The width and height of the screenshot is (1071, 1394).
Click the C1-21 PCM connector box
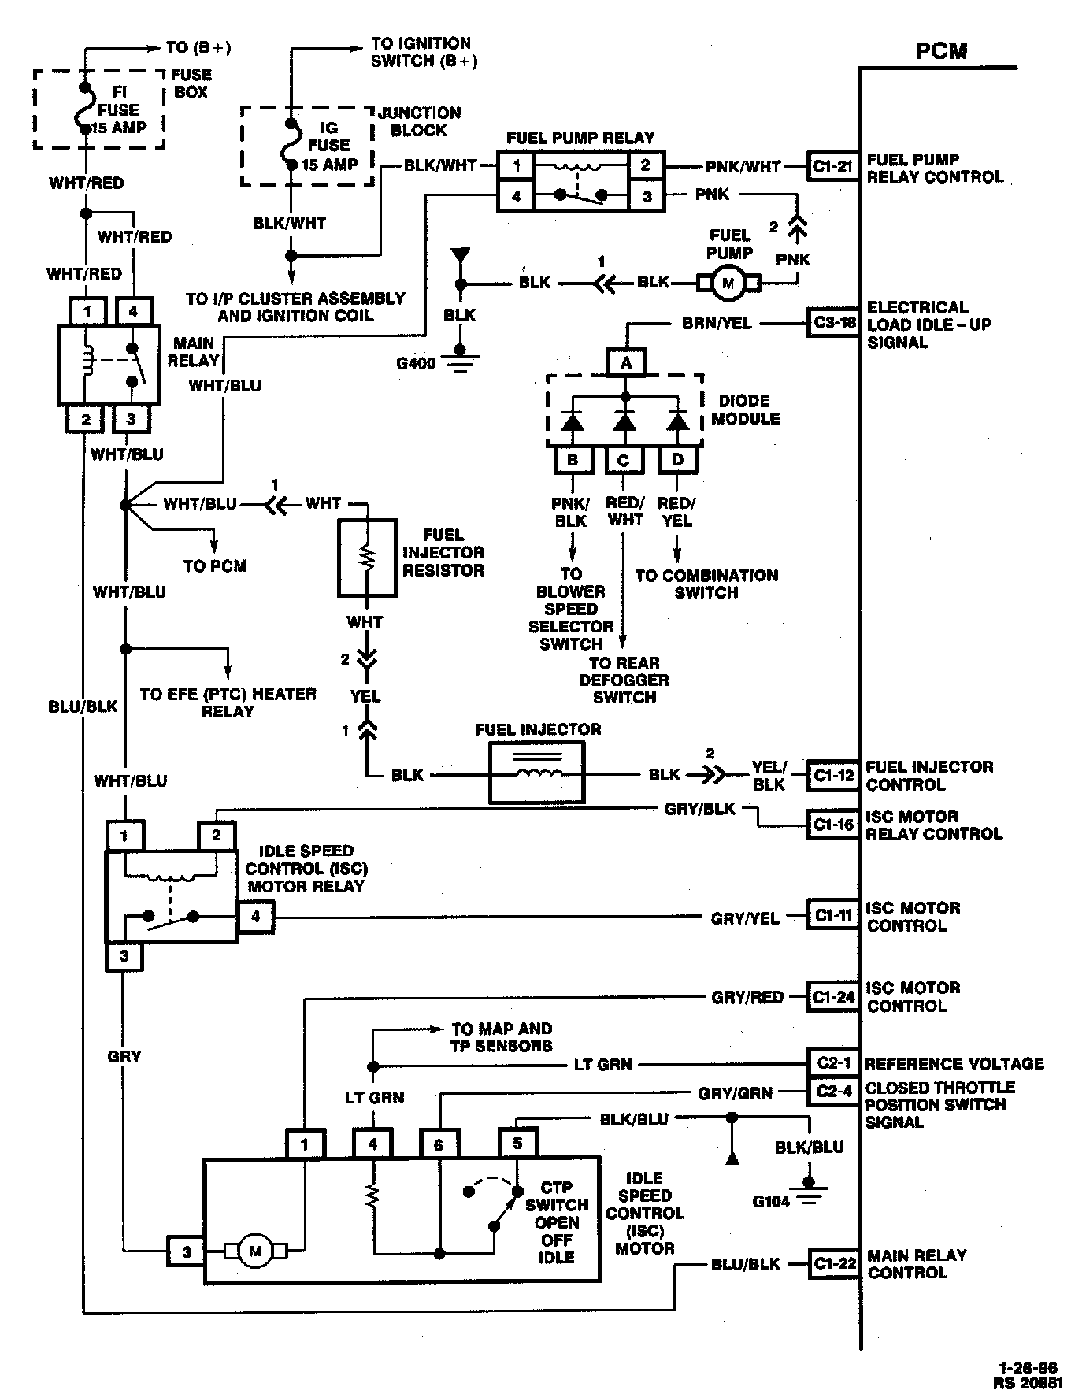(x=832, y=167)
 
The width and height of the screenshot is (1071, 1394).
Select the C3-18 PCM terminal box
(x=832, y=324)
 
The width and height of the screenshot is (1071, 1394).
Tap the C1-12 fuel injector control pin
(x=832, y=776)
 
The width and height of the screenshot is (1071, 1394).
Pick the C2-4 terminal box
(x=832, y=1092)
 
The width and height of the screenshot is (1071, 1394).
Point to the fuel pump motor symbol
(x=728, y=283)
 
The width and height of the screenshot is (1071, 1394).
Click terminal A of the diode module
(x=626, y=362)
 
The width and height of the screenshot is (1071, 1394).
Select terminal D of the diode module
(x=677, y=459)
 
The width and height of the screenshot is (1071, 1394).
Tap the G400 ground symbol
(x=461, y=360)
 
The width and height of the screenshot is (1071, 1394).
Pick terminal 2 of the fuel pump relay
(x=647, y=165)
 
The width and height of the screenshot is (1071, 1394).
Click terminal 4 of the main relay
(x=133, y=312)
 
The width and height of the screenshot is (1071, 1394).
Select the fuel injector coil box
(x=538, y=775)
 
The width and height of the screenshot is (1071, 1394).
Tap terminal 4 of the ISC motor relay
(x=255, y=918)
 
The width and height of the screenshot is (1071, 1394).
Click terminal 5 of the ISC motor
(x=517, y=1143)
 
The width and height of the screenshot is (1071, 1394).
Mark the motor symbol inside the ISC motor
(x=254, y=1251)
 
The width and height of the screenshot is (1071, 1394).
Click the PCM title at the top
(x=941, y=51)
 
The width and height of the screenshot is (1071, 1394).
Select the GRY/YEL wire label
(x=745, y=918)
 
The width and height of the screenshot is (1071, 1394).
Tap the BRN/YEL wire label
(x=717, y=323)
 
